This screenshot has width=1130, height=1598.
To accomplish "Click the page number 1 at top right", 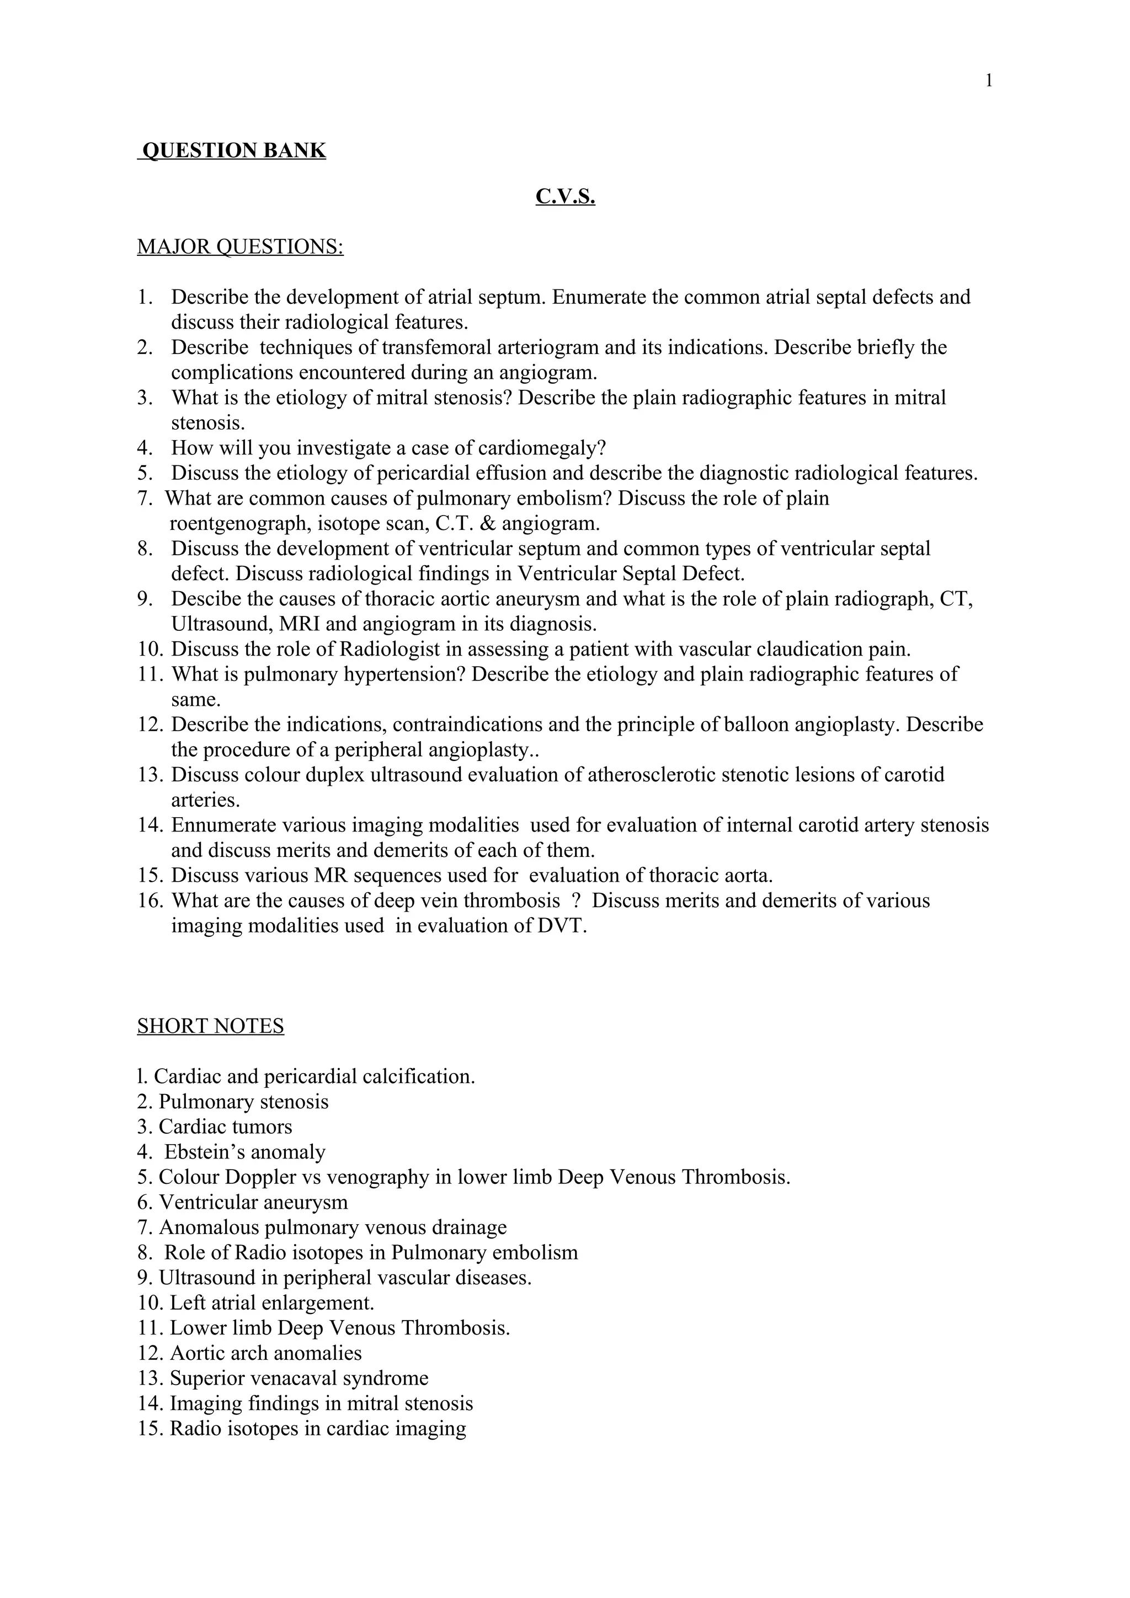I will [989, 81].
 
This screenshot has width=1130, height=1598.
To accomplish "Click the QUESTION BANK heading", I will [232, 151].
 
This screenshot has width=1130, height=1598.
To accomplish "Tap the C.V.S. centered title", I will [564, 197].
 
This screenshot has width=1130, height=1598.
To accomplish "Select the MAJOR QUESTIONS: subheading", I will [240, 247].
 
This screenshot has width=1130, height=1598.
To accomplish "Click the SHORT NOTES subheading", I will [210, 1026].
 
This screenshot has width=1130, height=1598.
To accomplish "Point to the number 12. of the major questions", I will [150, 725].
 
